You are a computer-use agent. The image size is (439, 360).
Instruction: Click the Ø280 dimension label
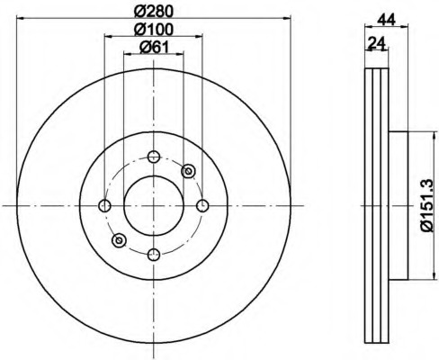point(154,12)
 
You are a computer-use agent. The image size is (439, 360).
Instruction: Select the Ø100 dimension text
point(154,30)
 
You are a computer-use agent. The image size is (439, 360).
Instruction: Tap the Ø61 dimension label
point(155,48)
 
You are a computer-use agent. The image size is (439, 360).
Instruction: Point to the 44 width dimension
point(387,20)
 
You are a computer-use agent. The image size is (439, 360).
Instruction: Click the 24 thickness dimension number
point(376,43)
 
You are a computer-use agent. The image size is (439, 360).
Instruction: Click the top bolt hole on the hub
point(154,157)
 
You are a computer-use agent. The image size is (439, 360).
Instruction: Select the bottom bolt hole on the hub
point(154,255)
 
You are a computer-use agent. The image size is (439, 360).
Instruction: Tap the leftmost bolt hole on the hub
point(104,206)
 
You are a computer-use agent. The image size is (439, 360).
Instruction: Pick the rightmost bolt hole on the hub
point(202,206)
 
